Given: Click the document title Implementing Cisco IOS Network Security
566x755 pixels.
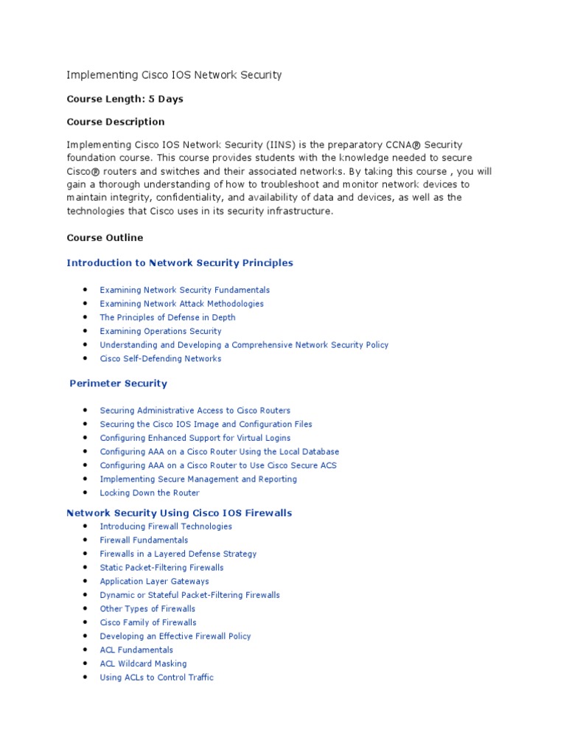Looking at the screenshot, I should click(x=174, y=75).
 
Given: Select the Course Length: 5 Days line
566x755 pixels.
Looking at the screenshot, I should click(x=125, y=99).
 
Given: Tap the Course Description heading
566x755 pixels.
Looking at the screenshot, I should click(x=116, y=122).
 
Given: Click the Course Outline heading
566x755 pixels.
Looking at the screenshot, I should click(x=105, y=238).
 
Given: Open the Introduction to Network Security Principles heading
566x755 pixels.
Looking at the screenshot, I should click(x=180, y=263).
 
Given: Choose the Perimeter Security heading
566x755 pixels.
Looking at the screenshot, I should click(x=118, y=383).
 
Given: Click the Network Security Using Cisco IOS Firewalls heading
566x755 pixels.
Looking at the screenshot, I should click(x=179, y=512).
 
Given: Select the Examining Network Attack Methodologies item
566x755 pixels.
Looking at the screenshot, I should click(x=181, y=304).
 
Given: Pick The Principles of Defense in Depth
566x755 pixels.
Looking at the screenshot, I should click(x=167, y=318).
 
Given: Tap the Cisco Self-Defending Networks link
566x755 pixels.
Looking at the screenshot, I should click(x=160, y=359).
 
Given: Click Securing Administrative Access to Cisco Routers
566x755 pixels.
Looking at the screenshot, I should click(x=195, y=411).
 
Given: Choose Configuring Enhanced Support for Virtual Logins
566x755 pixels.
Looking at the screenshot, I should click(x=195, y=438).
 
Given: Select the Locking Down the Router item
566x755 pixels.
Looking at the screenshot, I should click(x=150, y=493).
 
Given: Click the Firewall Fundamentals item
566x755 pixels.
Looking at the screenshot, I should click(x=144, y=540).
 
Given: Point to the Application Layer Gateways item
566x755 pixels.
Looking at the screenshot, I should click(x=154, y=582).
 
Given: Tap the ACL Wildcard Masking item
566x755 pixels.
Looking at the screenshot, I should click(x=143, y=664).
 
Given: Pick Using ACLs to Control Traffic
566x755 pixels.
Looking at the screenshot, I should click(x=156, y=678).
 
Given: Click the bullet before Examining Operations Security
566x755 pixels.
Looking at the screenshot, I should click(x=86, y=331).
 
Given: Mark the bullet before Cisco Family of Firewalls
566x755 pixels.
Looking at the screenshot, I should click(x=86, y=622).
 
